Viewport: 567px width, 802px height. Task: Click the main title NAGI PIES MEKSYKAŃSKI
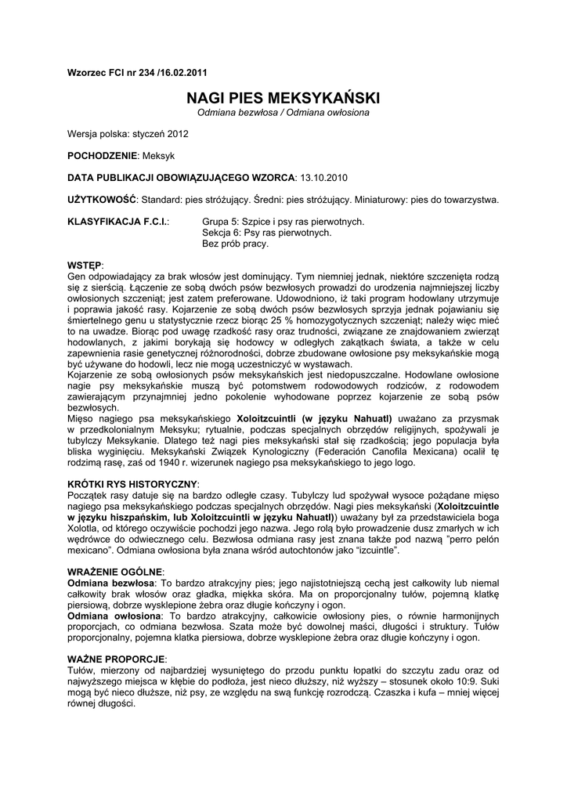283,99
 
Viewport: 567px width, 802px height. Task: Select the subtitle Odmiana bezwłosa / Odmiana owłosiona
283,114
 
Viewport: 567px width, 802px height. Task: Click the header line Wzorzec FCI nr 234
137,73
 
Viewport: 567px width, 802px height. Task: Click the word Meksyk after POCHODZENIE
155,156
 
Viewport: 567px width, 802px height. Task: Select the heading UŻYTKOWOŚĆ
103,200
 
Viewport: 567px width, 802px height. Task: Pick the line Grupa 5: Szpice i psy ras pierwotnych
283,222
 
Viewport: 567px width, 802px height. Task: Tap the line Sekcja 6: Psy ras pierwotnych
266,233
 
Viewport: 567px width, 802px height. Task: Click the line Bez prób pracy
235,244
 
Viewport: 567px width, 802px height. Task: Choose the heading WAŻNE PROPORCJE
117,660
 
